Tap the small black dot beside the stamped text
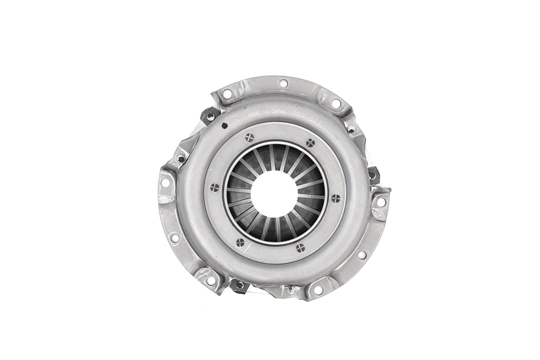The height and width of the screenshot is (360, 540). (x=225, y=125)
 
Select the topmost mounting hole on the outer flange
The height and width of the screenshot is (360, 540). (x=283, y=83)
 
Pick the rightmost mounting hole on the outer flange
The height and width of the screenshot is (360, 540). (x=380, y=201)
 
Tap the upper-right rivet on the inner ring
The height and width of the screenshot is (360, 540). (x=310, y=142)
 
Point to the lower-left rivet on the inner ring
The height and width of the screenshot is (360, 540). (x=240, y=242)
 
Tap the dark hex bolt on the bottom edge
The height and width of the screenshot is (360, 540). (x=239, y=285)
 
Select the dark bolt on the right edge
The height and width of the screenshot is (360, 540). (x=372, y=174)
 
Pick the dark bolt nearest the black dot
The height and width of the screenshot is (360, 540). (x=211, y=115)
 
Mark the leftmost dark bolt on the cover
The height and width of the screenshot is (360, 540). (x=181, y=158)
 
